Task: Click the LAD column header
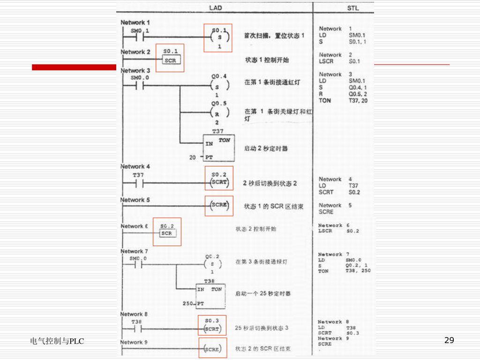216,8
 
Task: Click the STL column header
353,8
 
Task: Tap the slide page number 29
449,340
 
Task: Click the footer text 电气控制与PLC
57,341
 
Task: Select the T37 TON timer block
218,148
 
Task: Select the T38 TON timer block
210,296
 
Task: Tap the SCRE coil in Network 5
219,205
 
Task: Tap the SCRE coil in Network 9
212,349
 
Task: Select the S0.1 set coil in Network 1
218,37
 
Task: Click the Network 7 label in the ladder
134,252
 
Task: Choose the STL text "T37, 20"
358,101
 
